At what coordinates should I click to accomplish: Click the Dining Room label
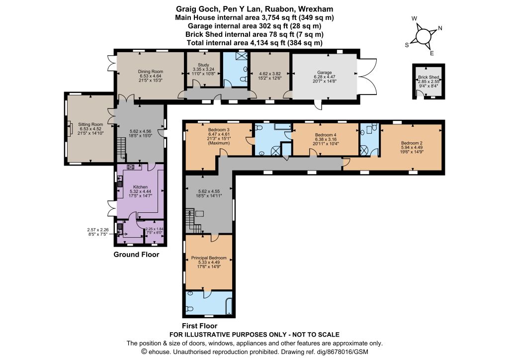(150, 72)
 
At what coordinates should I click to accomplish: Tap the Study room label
(203, 65)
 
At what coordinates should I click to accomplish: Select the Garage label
(325, 73)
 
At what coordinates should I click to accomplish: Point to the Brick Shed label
(428, 77)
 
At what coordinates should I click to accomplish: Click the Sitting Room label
(90, 124)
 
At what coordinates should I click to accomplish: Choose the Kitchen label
(140, 187)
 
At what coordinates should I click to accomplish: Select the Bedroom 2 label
(412, 143)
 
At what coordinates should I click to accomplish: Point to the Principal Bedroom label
(209, 258)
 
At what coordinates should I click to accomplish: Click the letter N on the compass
(440, 28)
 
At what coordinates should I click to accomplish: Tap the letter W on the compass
(414, 18)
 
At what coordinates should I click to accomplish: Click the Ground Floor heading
(136, 255)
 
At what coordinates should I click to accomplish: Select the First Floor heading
(200, 326)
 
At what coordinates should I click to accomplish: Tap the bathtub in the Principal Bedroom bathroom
(230, 305)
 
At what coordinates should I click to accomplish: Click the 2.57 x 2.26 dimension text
(98, 230)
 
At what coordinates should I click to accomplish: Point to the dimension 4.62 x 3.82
(269, 74)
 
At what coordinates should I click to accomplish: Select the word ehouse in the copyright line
(158, 352)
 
